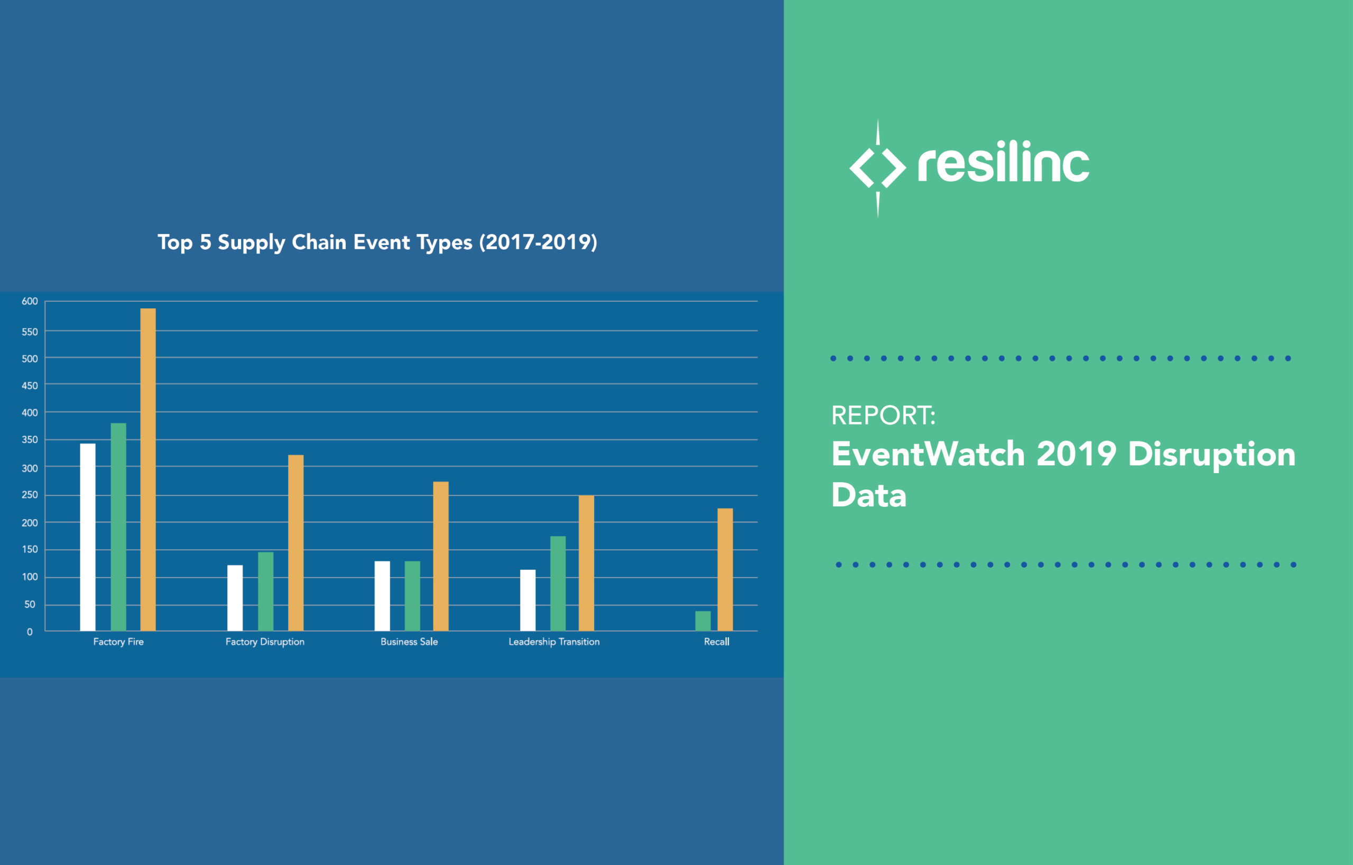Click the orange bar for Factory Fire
click(148, 469)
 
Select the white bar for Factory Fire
click(88, 537)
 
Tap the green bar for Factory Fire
click(118, 527)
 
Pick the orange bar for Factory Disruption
click(295, 542)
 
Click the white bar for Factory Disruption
click(235, 598)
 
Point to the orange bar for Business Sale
click(441, 556)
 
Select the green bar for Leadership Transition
click(558, 583)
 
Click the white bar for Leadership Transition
click(528, 600)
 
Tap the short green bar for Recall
click(702, 620)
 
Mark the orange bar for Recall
click(725, 570)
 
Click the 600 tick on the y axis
click(30, 302)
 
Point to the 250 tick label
click(30, 495)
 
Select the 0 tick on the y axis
click(30, 632)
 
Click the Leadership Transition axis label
click(554, 642)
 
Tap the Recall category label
click(716, 642)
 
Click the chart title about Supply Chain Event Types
click(377, 242)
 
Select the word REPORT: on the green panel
click(883, 416)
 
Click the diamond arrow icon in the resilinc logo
click(877, 167)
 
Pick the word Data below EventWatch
click(868, 495)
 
